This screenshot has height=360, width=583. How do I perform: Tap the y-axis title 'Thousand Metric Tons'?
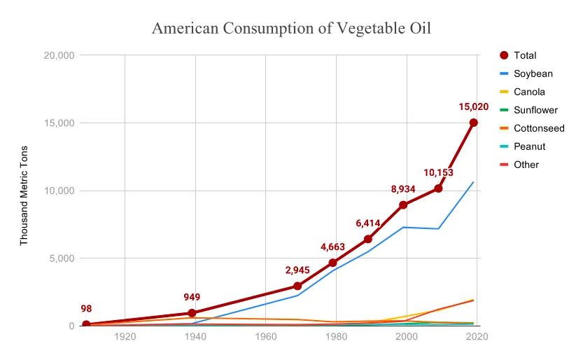coord(24,195)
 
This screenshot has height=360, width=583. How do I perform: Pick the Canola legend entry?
coord(529,92)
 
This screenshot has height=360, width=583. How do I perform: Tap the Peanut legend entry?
coord(529,146)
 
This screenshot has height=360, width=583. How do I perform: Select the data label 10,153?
coord(438,172)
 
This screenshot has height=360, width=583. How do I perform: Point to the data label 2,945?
coord(297,270)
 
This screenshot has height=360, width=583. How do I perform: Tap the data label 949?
coord(192,297)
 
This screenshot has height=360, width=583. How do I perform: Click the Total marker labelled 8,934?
coord(403,205)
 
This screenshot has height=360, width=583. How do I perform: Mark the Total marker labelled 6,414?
coord(368,239)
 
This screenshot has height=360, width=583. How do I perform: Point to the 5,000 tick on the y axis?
coord(62,258)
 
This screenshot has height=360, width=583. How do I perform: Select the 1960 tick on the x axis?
coord(265,337)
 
